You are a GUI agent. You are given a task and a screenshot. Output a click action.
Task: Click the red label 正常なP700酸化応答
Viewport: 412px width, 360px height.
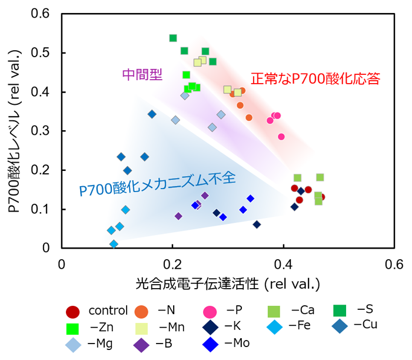pyautogui.click(x=315, y=78)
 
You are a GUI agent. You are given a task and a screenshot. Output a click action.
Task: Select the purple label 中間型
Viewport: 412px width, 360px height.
pyautogui.click(x=142, y=74)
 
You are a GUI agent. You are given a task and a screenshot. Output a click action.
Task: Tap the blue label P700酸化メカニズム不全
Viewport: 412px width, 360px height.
pyautogui.click(x=157, y=184)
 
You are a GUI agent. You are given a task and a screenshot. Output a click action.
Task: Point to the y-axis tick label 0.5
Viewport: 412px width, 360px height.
pyautogui.click(x=40, y=52)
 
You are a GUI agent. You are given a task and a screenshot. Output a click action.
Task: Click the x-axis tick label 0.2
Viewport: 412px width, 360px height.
pyautogui.click(x=172, y=265)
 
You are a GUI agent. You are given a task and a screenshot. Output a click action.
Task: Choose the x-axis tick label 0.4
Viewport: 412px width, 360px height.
pyautogui.click(x=284, y=265)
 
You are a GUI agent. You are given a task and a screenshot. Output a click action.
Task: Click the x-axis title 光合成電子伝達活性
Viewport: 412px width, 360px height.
pyautogui.click(x=197, y=284)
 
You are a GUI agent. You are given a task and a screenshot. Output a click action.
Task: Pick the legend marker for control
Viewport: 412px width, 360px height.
pyautogui.click(x=73, y=312)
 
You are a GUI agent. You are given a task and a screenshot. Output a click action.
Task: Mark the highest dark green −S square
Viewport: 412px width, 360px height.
pyautogui.click(x=173, y=38)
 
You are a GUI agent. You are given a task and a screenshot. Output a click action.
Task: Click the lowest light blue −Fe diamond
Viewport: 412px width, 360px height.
pyautogui.click(x=114, y=244)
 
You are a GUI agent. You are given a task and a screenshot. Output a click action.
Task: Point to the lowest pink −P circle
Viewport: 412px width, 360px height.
pyautogui.click(x=281, y=137)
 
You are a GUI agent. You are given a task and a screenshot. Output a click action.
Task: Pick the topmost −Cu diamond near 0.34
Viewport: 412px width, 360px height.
pyautogui.click(x=152, y=114)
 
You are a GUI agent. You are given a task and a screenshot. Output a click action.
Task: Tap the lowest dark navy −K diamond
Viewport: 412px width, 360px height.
pyautogui.click(x=257, y=224)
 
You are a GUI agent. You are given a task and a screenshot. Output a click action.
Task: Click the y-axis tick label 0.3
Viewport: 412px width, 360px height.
pyautogui.click(x=40, y=131)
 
